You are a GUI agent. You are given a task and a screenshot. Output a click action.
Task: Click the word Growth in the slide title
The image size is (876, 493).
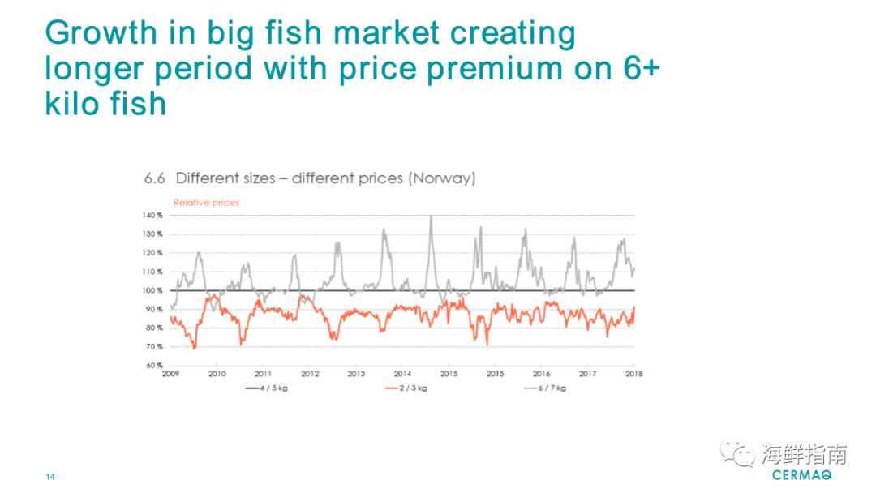(101, 34)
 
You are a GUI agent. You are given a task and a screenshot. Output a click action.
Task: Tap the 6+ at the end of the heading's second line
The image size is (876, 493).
(640, 69)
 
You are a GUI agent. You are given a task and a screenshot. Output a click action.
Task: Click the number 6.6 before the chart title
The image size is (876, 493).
(155, 178)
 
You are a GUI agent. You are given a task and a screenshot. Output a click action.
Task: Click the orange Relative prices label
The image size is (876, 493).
(206, 203)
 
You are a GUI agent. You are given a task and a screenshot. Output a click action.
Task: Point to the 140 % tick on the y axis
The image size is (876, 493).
(154, 215)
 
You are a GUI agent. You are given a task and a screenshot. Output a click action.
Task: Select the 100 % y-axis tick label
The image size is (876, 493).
(154, 290)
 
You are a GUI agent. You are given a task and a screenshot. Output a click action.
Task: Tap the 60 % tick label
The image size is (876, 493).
(155, 366)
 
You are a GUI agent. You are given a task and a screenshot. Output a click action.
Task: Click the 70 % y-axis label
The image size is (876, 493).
(155, 347)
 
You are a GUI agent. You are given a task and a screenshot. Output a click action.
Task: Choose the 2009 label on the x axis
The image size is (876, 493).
(170, 375)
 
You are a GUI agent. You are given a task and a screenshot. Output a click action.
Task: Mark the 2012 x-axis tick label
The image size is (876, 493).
(310, 375)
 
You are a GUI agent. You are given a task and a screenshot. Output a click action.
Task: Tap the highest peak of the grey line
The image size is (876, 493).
(431, 216)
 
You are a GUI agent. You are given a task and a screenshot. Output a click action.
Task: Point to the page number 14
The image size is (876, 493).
(50, 476)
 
